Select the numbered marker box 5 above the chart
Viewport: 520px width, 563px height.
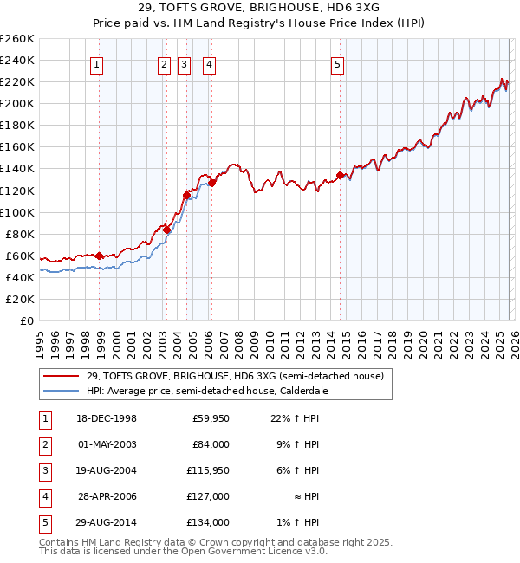[x=337, y=63]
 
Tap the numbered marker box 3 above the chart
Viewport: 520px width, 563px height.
[x=185, y=63]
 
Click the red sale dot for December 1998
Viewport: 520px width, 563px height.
[x=100, y=256]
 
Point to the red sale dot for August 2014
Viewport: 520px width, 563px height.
[x=340, y=175]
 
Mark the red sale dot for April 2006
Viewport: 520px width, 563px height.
[x=212, y=183]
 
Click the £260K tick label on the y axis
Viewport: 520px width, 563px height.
[x=16, y=39]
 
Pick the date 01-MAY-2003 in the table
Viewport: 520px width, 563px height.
[x=107, y=445]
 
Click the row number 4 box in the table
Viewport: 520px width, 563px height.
[x=43, y=497]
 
